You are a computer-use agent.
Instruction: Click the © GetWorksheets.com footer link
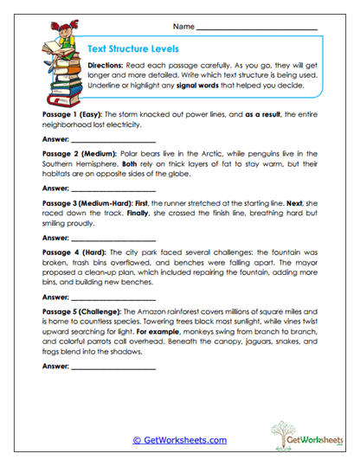179,440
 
